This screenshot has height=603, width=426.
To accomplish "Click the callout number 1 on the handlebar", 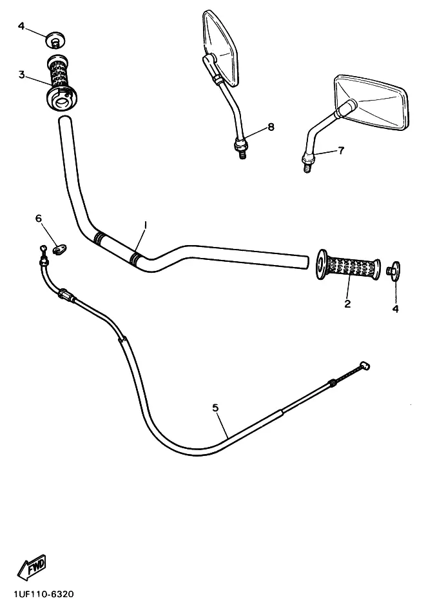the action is click(x=145, y=224).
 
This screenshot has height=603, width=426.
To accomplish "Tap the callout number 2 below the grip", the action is click(x=347, y=304).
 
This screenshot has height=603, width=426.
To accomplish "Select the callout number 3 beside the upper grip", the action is click(x=22, y=75).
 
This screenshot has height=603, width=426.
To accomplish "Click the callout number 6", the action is click(x=39, y=219).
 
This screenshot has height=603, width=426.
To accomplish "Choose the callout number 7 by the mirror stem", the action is click(x=341, y=150).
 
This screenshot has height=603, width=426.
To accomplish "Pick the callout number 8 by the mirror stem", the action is click(x=271, y=126).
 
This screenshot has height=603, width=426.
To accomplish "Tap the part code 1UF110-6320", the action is click(x=44, y=595).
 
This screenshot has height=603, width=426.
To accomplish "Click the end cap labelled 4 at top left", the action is click(x=55, y=41).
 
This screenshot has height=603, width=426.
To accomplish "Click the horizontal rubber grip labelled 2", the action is click(x=349, y=265).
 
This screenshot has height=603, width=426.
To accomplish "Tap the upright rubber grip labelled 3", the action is click(x=61, y=83).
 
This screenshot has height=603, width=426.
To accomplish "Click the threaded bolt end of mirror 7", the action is click(x=307, y=167).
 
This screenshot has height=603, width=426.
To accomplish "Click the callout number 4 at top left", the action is click(x=21, y=26).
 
